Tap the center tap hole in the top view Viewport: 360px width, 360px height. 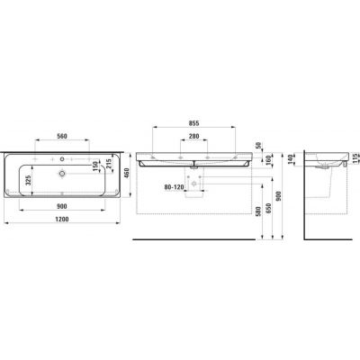(x=62, y=154)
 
